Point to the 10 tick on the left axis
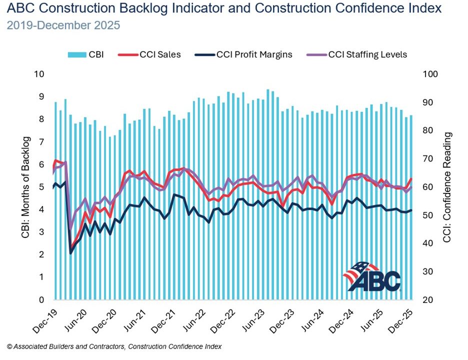tap(38, 74)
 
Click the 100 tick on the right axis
tap(430, 74)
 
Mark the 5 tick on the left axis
tap(41, 187)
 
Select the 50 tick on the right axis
tap(428, 215)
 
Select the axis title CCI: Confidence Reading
tap(447, 187)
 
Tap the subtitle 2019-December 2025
tap(63, 25)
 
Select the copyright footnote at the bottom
tap(114, 346)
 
